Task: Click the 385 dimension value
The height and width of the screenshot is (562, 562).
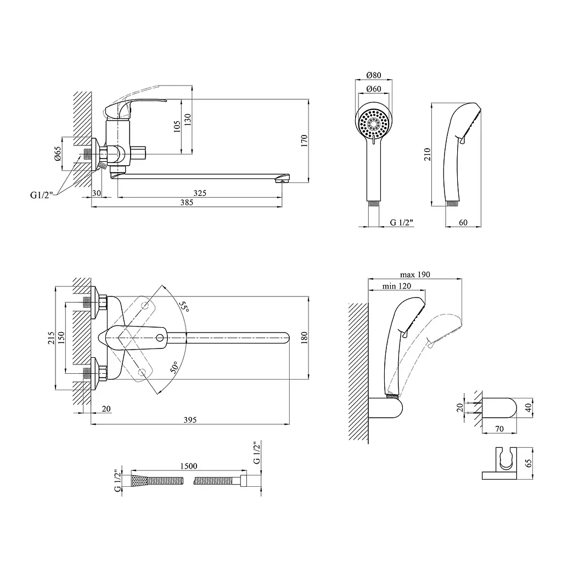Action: [x=187, y=203]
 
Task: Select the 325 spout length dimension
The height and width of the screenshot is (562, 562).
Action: [x=200, y=193]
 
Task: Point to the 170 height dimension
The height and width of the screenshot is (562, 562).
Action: [x=304, y=140]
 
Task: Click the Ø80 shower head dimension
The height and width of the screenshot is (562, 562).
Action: [x=374, y=75]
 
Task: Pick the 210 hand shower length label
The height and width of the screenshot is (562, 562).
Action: [x=427, y=154]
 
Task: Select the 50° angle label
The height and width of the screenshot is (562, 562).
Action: [x=175, y=367]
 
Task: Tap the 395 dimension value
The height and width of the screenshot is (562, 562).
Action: [x=190, y=420]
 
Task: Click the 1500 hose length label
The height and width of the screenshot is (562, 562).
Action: [x=189, y=466]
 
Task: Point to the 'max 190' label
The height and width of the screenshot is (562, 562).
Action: [x=415, y=274]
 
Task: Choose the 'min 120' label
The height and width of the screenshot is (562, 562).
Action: [x=396, y=286]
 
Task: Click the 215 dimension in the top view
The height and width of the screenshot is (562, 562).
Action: [x=51, y=338]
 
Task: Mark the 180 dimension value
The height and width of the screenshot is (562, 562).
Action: [x=304, y=338]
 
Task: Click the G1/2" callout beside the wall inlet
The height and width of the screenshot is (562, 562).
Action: [x=42, y=195]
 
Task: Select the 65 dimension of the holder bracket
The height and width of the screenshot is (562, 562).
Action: [x=529, y=463]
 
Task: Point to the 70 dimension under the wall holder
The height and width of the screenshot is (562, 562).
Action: [x=499, y=429]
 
